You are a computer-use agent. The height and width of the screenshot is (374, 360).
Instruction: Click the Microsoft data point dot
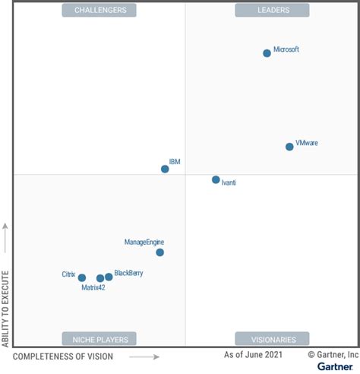pos(267,53)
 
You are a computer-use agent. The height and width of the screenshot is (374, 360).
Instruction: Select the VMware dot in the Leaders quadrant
pos(289,147)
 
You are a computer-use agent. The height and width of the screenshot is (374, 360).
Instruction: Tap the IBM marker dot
pos(165,169)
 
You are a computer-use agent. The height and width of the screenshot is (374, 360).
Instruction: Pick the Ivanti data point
pos(216,180)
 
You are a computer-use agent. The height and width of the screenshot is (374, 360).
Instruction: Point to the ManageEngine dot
pos(159,252)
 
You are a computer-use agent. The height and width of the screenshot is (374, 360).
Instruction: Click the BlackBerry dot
pos(109,277)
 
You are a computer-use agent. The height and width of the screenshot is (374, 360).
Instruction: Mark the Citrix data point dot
pos(82,278)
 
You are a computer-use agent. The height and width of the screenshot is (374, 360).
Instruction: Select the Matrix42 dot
pos(100,278)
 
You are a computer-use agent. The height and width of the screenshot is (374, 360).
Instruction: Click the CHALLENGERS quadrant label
pos(100,10)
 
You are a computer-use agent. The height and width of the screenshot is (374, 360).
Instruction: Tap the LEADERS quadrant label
pos(272,10)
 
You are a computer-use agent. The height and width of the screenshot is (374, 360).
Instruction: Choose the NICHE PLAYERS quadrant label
pos(100,339)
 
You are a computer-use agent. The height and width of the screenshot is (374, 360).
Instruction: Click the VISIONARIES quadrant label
pos(272,339)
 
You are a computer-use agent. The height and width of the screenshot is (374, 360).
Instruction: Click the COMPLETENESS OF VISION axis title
pos(63,357)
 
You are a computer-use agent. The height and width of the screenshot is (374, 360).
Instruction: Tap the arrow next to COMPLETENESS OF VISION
pos(144,357)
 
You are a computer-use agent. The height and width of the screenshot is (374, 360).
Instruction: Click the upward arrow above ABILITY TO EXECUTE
pos(6,237)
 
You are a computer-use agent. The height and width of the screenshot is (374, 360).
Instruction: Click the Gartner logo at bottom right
pos(335,367)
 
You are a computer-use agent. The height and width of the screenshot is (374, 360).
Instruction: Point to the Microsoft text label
pos(286,49)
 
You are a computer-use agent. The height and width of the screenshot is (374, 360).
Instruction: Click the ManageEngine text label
pos(144,242)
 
